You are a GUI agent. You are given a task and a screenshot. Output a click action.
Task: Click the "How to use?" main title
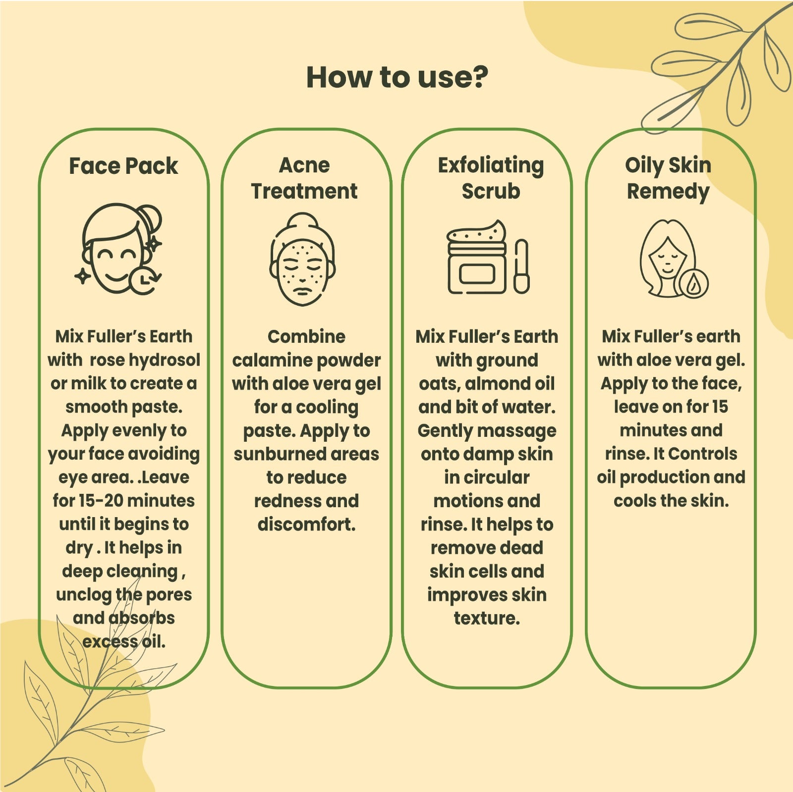pos(397,77)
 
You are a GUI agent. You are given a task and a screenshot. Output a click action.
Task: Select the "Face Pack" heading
pos(123,166)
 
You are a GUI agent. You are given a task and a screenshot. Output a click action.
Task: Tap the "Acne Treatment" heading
pos(304,178)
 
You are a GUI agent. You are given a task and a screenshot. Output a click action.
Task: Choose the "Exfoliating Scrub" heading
pos(491,178)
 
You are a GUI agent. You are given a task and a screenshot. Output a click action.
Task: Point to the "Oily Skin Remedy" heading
pos(668,178)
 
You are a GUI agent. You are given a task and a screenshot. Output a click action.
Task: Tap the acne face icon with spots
pos(302,259)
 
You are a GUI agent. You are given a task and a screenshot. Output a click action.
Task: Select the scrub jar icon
pos(477,258)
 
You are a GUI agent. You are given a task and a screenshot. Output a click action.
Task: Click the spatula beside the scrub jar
pos(521,266)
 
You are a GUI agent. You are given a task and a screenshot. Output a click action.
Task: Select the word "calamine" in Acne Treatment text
pos(266,360)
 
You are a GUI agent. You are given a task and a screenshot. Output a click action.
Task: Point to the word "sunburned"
pos(273,454)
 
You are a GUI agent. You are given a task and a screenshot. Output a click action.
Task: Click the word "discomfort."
pos(307,524)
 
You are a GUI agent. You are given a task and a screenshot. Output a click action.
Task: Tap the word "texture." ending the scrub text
pos(487,618)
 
